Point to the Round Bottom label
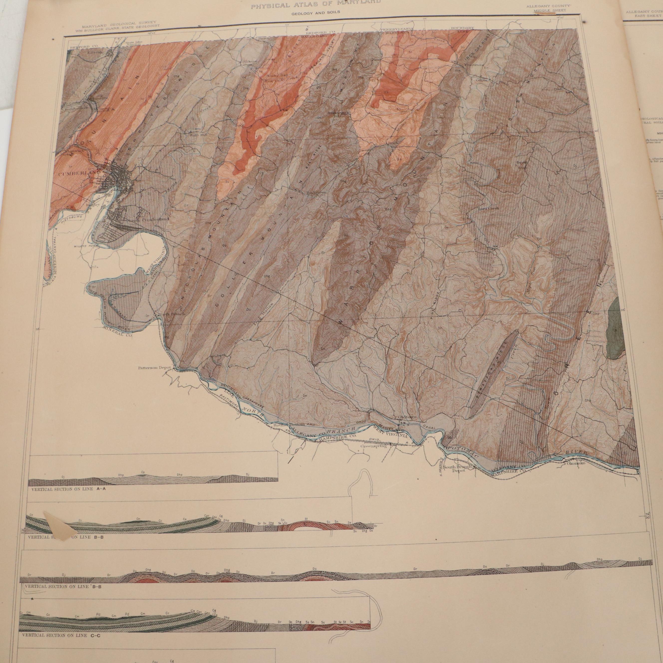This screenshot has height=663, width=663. (x=290, y=425)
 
